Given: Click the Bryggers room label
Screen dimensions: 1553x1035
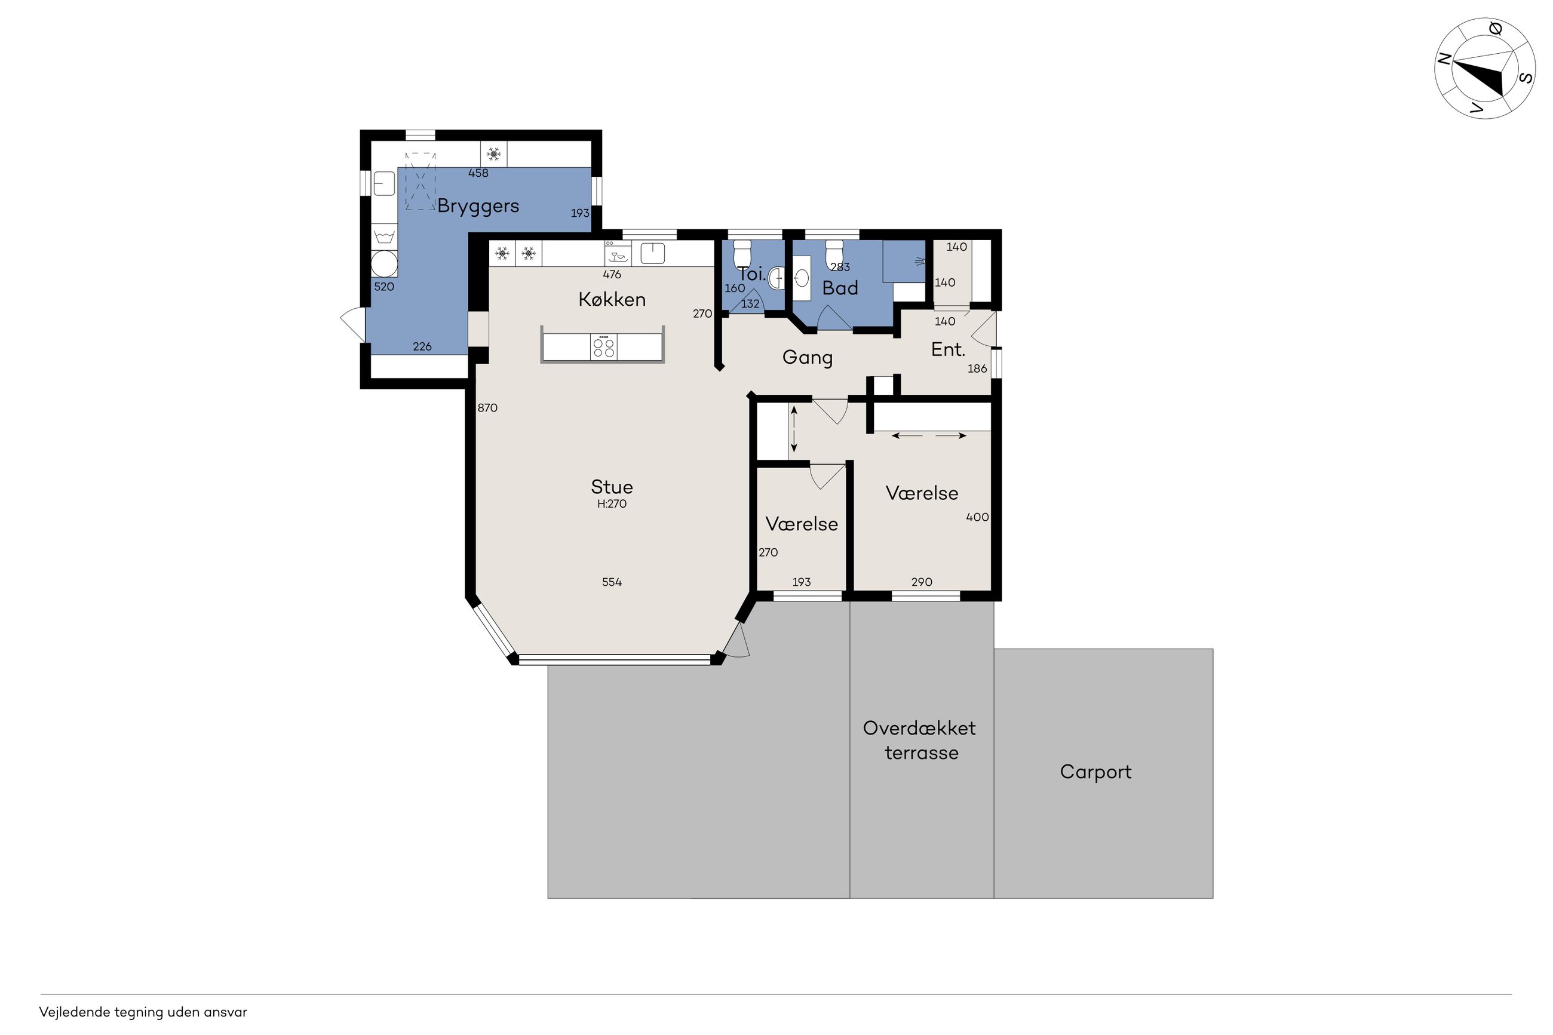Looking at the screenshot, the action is (478, 206).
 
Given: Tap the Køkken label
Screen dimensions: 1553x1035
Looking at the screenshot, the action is (612, 300).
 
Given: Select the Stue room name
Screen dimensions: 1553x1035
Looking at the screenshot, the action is (612, 487).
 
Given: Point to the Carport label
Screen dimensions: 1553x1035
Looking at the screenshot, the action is (1095, 772).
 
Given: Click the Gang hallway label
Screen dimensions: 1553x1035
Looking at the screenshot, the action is (807, 358).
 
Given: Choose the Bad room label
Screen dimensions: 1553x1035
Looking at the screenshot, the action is (840, 288).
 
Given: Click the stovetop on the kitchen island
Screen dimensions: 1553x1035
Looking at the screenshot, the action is (604, 346).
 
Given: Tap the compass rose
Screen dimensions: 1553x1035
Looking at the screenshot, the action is (1484, 69).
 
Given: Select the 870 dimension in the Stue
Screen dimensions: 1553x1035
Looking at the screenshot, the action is (487, 408).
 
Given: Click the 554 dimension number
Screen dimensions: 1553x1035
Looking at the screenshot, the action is (612, 582).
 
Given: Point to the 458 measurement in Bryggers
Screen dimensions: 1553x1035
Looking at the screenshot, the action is (478, 174).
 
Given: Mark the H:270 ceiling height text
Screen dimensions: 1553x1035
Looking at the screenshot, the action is (612, 504).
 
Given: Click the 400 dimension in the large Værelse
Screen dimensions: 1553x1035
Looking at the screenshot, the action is (977, 517).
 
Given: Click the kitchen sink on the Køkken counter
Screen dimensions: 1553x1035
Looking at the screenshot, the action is (652, 253).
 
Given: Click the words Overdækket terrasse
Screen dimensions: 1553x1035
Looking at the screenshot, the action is (919, 741).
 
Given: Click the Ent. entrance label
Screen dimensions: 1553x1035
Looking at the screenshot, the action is (948, 350).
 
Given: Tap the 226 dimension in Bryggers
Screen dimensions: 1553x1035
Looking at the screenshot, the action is (422, 346).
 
